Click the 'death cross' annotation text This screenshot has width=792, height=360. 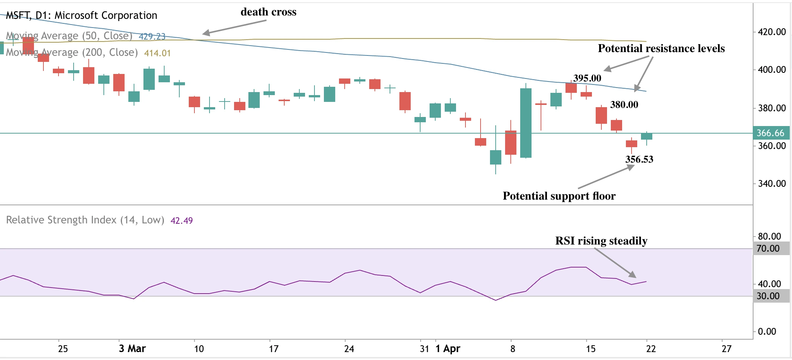coord(268,12)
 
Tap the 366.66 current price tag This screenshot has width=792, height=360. coord(770,133)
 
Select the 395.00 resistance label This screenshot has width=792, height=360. coord(587,78)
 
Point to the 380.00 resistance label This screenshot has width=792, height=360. coord(624,105)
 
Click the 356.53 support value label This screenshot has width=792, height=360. coord(639,159)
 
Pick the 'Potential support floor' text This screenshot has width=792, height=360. coord(559,196)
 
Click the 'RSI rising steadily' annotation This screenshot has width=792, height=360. coord(601,241)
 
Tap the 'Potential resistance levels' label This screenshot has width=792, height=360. coord(661,48)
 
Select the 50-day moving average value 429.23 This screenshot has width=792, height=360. coord(152,36)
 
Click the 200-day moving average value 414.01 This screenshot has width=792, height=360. coord(157,53)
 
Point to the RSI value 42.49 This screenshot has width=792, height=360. coord(182,220)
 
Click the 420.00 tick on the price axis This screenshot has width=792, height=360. coord(772,32)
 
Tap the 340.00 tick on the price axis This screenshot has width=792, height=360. coord(772,184)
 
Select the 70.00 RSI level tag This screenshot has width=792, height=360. coord(768,248)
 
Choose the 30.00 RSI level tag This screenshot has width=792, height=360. coord(768,296)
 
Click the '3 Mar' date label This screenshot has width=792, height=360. coord(132,348)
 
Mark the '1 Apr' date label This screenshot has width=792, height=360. coord(448,348)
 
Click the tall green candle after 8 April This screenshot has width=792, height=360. coord(526,123)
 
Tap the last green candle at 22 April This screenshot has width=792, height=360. coord(647,136)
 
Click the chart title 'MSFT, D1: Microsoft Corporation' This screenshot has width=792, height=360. coord(81,15)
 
